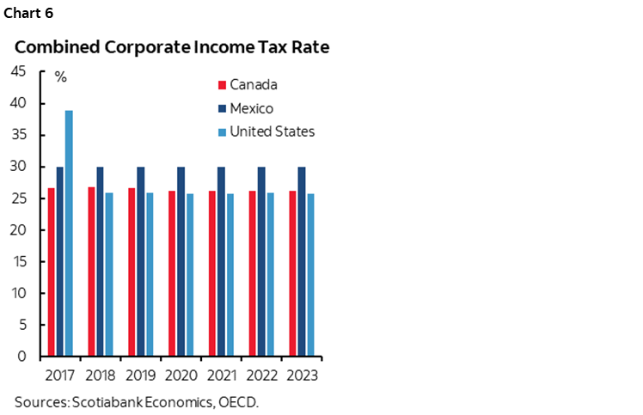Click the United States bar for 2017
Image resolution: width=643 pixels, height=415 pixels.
pyautogui.click(x=69, y=233)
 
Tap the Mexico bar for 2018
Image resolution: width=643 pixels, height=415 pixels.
pyautogui.click(x=101, y=261)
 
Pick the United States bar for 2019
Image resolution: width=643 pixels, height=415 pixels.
pyautogui.click(x=150, y=274)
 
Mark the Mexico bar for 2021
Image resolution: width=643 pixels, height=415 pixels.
pyautogui.click(x=221, y=261)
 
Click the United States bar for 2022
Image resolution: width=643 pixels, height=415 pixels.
pyautogui.click(x=270, y=274)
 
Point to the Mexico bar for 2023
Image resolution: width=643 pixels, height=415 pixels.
pyautogui.click(x=302, y=261)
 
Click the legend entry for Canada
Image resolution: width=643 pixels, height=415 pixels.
pyautogui.click(x=254, y=85)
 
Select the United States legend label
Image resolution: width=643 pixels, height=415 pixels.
pyautogui.click(x=272, y=131)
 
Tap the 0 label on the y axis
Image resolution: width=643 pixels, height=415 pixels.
pyautogui.click(x=22, y=357)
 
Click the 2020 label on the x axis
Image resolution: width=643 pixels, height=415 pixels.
pyautogui.click(x=181, y=375)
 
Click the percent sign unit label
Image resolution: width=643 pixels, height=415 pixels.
pyautogui.click(x=60, y=77)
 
